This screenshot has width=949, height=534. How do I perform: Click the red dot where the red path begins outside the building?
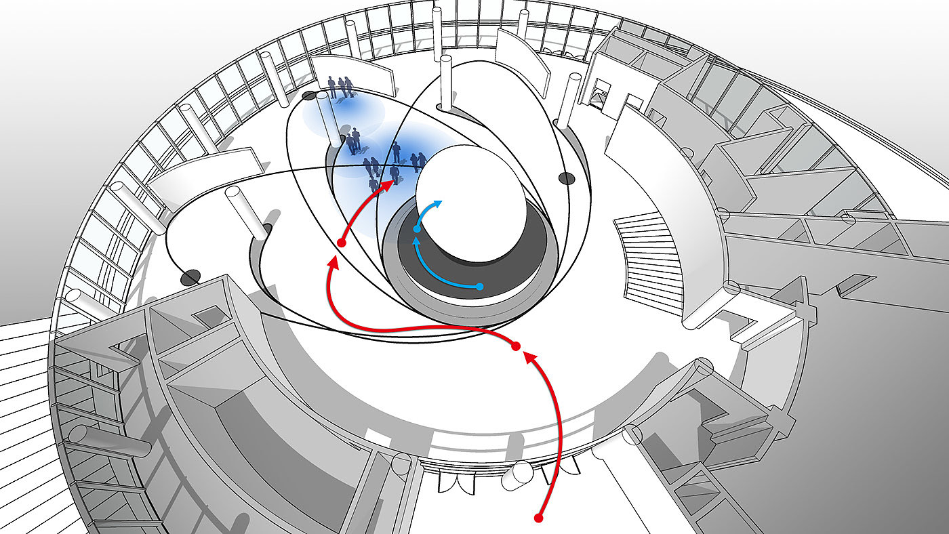pos(539,518)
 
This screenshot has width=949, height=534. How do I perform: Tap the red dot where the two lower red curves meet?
pos(515,346)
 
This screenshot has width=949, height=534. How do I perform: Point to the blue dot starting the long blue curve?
pos(480,287)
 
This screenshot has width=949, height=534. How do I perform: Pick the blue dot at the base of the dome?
pos(417,230)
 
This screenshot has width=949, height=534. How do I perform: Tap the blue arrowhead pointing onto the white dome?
pos(439,203)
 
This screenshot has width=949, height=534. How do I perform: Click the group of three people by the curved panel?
pos(340,86)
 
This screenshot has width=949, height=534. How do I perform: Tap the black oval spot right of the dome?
pos(567,178)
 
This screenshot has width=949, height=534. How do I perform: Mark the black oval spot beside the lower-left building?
pos(190,277)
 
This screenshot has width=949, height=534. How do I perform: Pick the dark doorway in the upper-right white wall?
pos(600,93)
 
